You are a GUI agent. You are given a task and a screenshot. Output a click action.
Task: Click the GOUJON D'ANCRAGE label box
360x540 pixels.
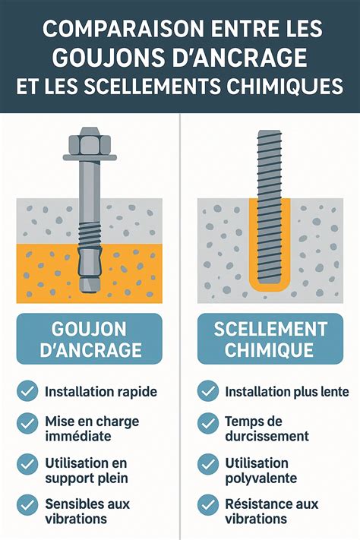point(90,339)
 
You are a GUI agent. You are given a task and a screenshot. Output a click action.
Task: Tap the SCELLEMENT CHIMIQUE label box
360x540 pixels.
point(270,339)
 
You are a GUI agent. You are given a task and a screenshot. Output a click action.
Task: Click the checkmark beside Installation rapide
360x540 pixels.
point(27,392)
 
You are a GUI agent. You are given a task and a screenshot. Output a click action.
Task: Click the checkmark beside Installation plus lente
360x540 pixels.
point(208,392)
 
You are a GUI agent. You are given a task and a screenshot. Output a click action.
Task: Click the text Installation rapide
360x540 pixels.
point(101,392)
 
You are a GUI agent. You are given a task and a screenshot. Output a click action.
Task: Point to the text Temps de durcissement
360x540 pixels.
point(267,428)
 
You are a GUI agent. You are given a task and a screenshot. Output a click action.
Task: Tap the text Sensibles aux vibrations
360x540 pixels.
point(87,511)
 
